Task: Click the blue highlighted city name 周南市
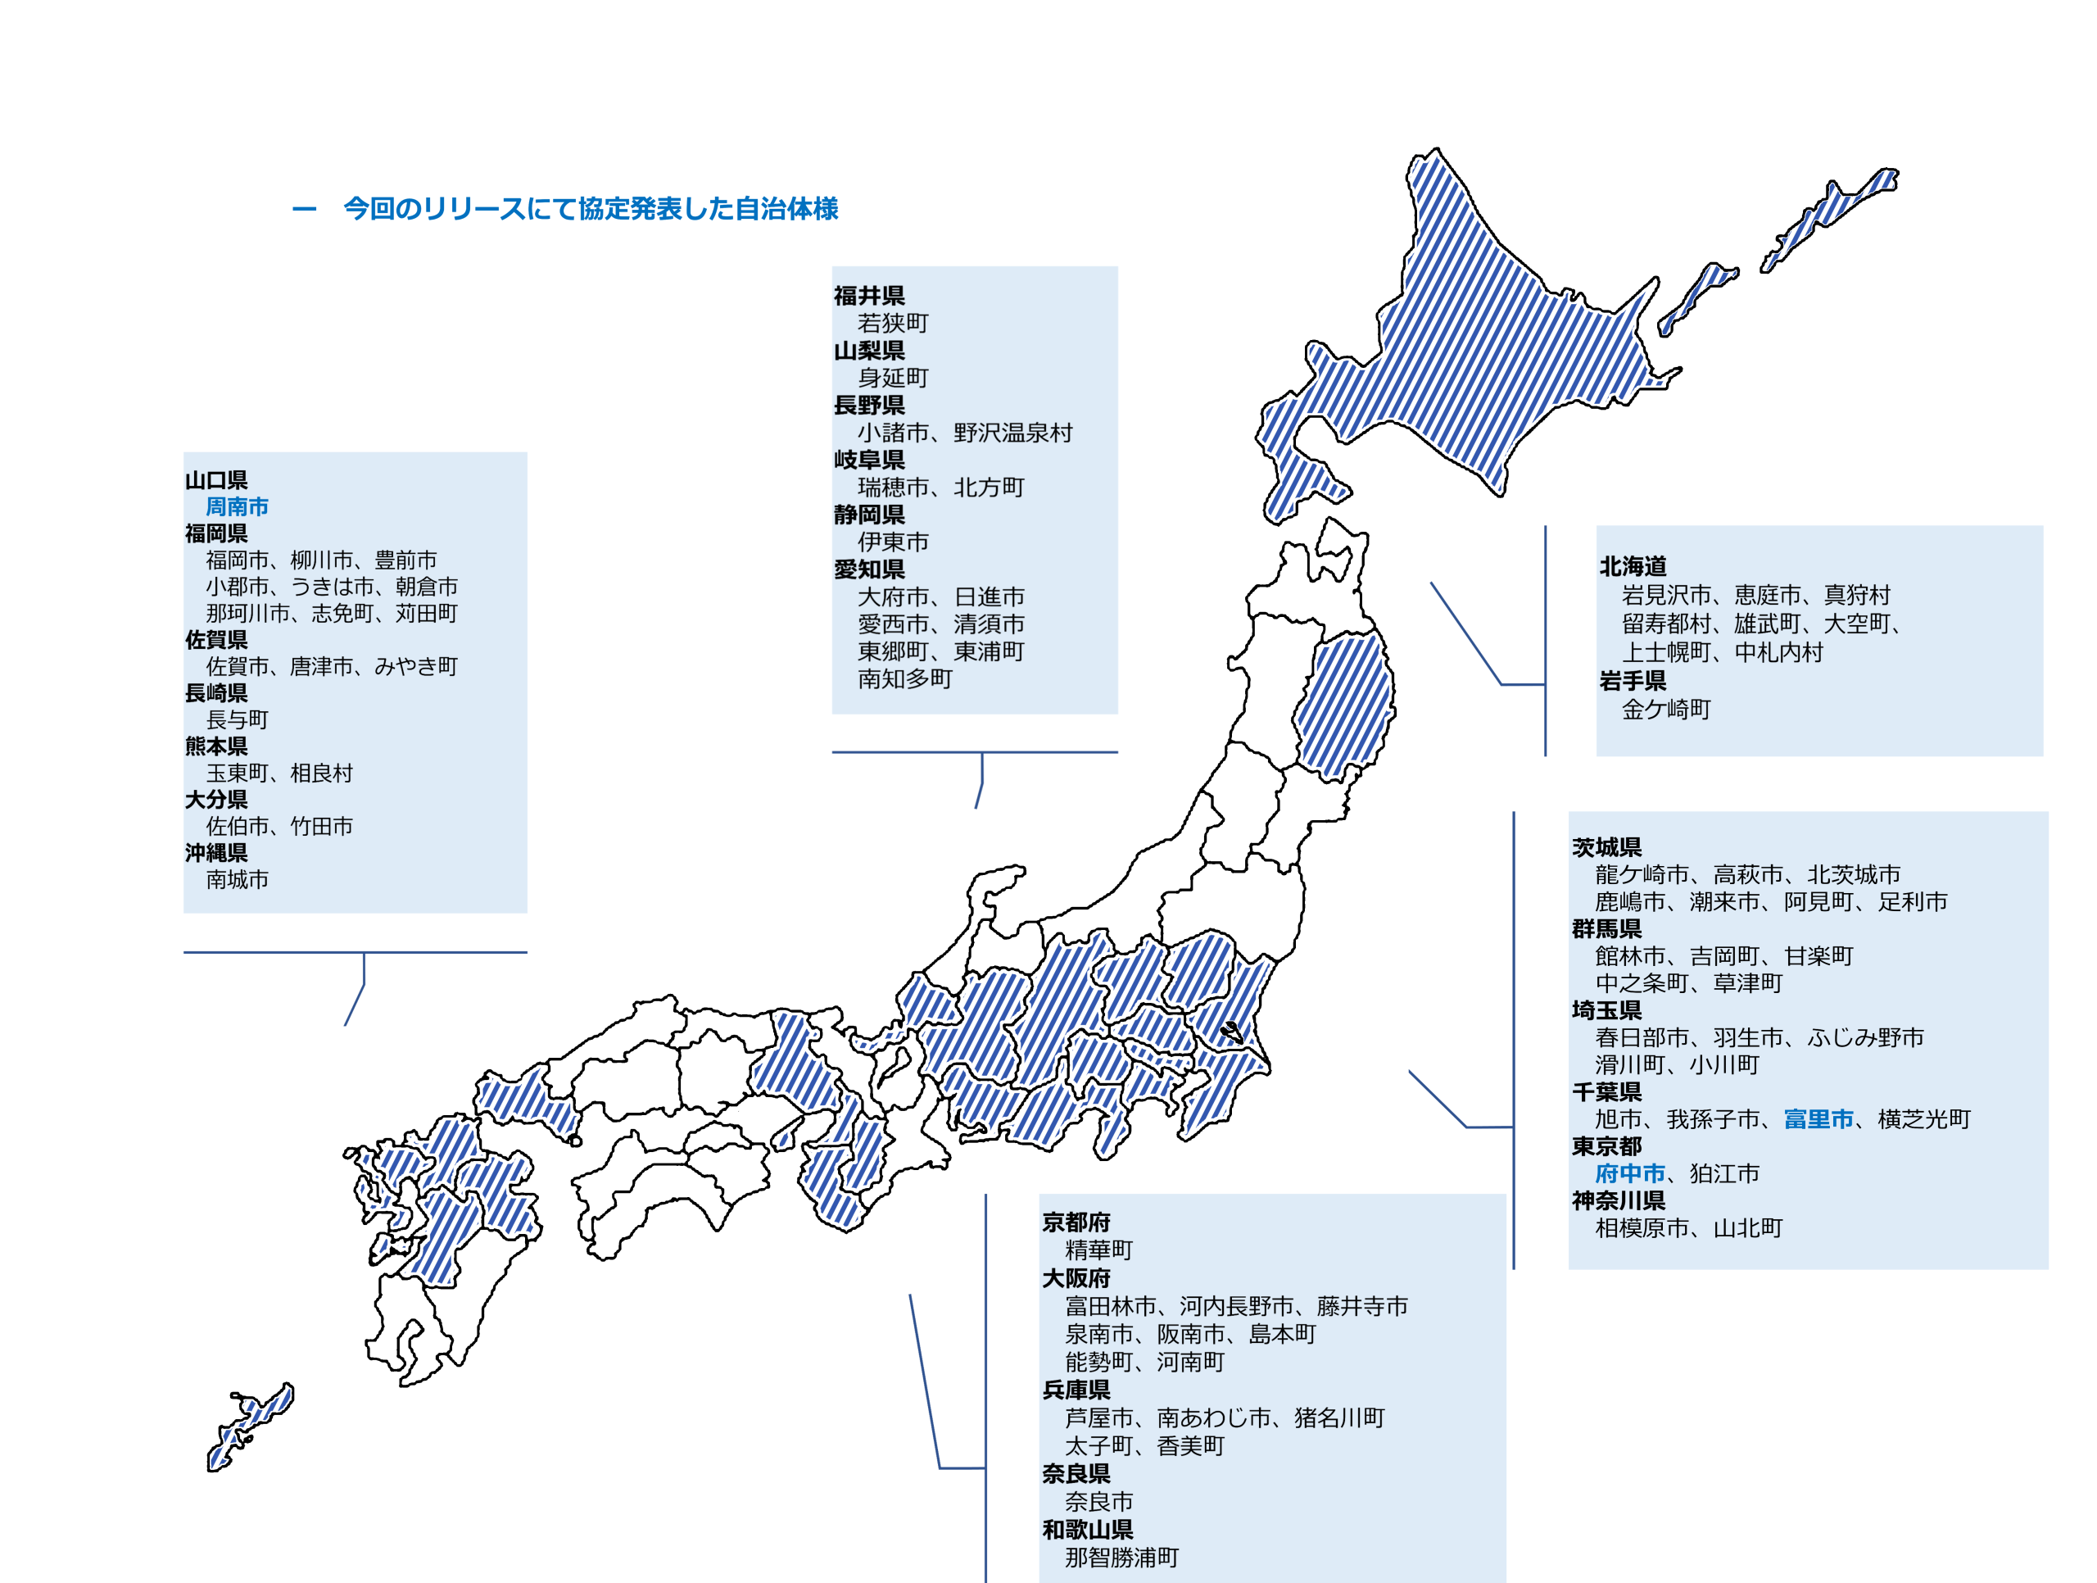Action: pyautogui.click(x=237, y=506)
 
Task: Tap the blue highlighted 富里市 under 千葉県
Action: pyautogui.click(x=1818, y=1119)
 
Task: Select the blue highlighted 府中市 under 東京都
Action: pyautogui.click(x=1629, y=1173)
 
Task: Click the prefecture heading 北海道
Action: pyautogui.click(x=1633, y=566)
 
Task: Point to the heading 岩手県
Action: pyautogui.click(x=1633, y=680)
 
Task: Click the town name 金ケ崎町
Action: pyautogui.click(x=1665, y=709)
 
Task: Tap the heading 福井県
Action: pyautogui.click(x=868, y=296)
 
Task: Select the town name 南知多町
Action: pyautogui.click(x=904, y=678)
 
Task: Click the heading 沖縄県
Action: pyautogui.click(x=216, y=853)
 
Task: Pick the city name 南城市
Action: pyautogui.click(x=237, y=879)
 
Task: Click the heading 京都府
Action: pyautogui.click(x=1076, y=1222)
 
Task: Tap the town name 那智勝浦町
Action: pyautogui.click(x=1121, y=1557)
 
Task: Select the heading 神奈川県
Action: pyautogui.click(x=1619, y=1200)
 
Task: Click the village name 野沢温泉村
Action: pyautogui.click(x=1012, y=433)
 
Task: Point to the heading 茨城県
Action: pyautogui.click(x=1607, y=847)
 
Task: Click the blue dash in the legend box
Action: pyautogui.click(x=305, y=209)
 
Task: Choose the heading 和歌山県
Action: pyautogui.click(x=1087, y=1529)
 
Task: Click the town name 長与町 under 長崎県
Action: pyautogui.click(x=237, y=720)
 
